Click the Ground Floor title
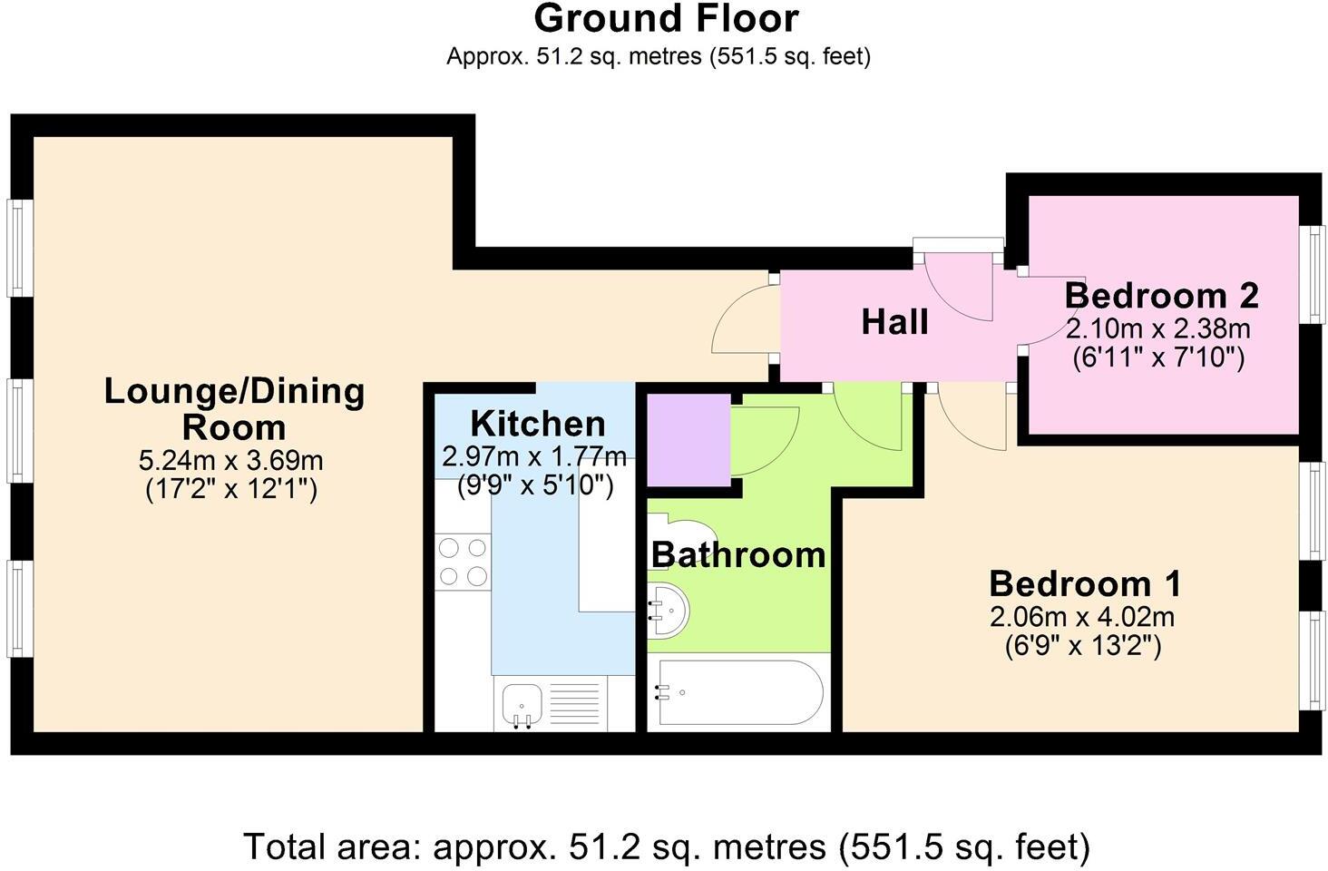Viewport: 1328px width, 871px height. (666, 18)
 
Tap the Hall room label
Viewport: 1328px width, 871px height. (894, 322)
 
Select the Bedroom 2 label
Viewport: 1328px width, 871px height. (1161, 295)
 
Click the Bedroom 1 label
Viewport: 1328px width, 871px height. (1085, 583)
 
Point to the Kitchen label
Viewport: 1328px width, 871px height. (538, 424)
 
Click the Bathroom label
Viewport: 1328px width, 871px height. (738, 554)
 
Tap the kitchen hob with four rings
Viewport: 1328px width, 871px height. (463, 562)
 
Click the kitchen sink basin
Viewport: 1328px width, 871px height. (522, 705)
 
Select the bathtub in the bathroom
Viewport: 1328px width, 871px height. (740, 692)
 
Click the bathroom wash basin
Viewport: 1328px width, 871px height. (669, 610)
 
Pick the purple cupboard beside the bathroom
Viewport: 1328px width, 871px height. (688, 439)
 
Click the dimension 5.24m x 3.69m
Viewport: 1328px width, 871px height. (231, 460)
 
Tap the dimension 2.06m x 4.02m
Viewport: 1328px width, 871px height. (1082, 617)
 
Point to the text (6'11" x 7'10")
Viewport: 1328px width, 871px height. (1158, 357)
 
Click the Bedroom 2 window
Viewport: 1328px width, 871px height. (1313, 275)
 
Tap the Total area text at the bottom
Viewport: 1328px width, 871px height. (667, 847)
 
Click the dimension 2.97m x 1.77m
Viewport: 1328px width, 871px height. (534, 456)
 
